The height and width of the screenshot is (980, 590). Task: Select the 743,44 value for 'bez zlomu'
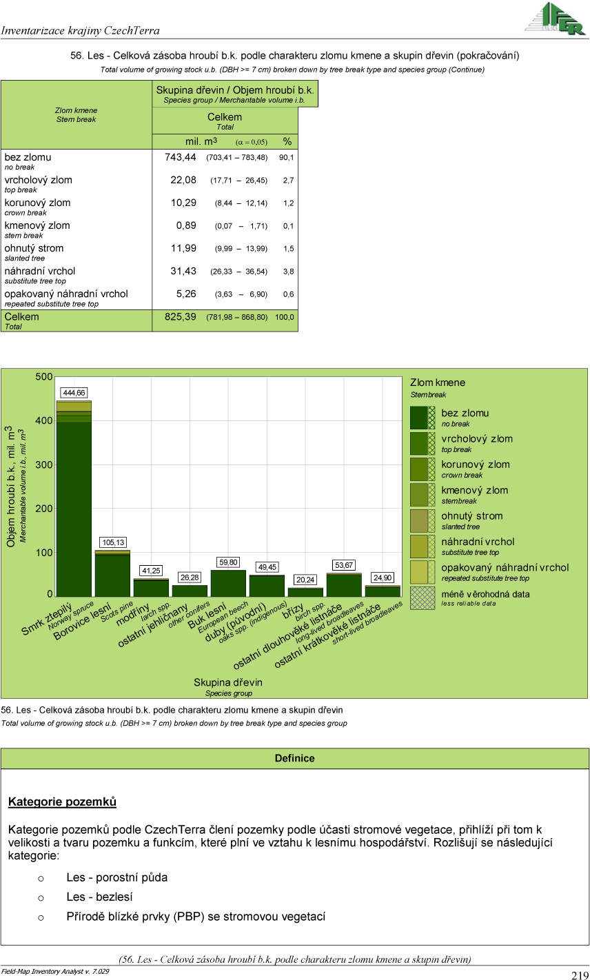pyautogui.click(x=181, y=157)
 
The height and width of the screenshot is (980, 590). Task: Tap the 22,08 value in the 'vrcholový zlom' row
pyautogui.click(x=183, y=180)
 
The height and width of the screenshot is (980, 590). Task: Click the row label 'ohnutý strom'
pyautogui.click(x=34, y=248)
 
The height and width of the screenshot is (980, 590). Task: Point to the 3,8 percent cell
pyautogui.click(x=288, y=272)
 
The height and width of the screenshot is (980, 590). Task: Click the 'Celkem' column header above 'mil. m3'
pyautogui.click(x=225, y=117)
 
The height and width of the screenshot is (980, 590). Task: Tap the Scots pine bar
pyautogui.click(x=112, y=575)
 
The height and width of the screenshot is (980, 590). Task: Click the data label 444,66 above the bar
pyautogui.click(x=74, y=393)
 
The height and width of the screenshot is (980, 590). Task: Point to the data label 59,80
pyautogui.click(x=228, y=562)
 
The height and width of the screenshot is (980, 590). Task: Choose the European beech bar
pyautogui.click(x=228, y=583)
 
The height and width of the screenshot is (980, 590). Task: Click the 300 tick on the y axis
pyautogui.click(x=44, y=465)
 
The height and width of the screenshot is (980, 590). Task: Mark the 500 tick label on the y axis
pyautogui.click(x=44, y=377)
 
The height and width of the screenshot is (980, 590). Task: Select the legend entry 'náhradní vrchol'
pyautogui.click(x=478, y=542)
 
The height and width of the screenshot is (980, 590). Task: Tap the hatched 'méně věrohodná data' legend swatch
pyautogui.click(x=423, y=598)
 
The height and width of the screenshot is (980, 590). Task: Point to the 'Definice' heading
pyautogui.click(x=294, y=758)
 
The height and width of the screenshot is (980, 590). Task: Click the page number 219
pyautogui.click(x=579, y=974)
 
